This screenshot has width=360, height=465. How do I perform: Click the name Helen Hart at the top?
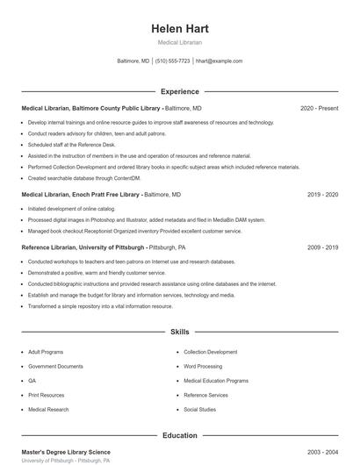179,29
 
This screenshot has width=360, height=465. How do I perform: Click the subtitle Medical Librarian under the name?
179,42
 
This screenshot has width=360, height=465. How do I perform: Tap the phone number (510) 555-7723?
172,61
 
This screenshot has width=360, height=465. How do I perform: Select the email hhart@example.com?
219,61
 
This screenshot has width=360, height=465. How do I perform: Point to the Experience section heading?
179,91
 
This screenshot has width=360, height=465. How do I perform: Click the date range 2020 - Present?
319,108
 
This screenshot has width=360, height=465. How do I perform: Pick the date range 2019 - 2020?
322,194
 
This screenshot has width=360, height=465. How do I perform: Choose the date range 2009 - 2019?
322,247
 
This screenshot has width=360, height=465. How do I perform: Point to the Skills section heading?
179,333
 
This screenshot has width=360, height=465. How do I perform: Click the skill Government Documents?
55,366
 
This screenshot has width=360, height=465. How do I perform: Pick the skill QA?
32,381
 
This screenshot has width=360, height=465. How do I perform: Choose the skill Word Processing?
204,366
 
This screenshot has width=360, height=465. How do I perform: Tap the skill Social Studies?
199,410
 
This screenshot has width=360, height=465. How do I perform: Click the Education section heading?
179,435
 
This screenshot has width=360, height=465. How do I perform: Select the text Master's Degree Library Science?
66,452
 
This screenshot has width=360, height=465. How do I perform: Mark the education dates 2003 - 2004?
322,452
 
